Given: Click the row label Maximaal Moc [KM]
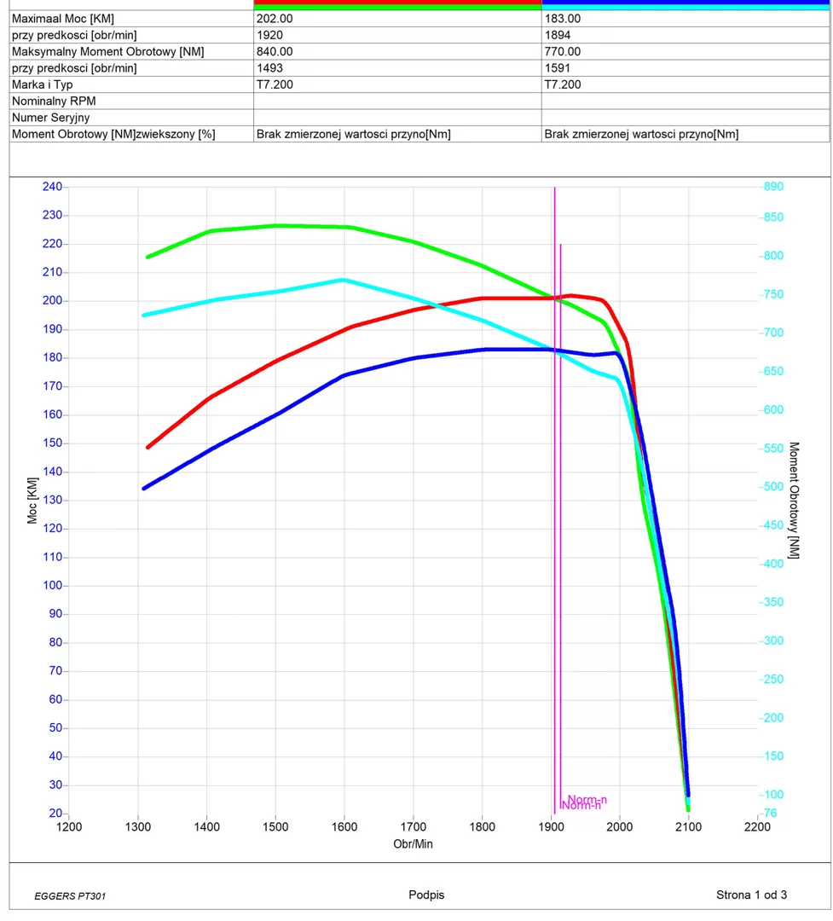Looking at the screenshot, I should click(x=63, y=19).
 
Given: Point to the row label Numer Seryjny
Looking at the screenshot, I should click(x=50, y=118).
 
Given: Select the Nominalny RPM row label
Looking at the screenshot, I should click(x=54, y=101).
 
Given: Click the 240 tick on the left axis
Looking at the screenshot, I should click(x=52, y=187).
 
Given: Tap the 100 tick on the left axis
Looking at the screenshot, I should click(x=52, y=586).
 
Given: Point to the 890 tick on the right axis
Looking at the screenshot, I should click(x=773, y=187).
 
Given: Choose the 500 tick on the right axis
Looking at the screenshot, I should click(x=773, y=487).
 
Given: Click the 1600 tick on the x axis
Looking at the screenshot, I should click(x=344, y=827).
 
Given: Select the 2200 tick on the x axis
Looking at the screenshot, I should click(x=757, y=827).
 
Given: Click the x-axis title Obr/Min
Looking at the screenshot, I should click(x=413, y=843).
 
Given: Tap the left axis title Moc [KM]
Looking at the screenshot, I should click(x=32, y=501).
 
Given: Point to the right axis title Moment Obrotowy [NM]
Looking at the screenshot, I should click(x=793, y=501).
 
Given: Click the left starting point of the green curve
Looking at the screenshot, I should click(x=148, y=257).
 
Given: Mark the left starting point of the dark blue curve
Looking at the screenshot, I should click(x=144, y=489).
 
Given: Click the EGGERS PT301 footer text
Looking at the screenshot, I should click(x=70, y=896).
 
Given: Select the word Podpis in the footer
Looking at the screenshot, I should click(x=426, y=895).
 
